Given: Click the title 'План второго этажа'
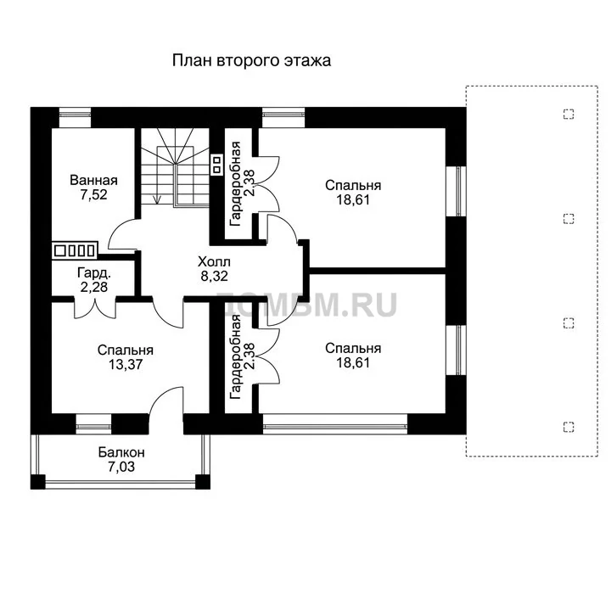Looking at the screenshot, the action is pos(252,61).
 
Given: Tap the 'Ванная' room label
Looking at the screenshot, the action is pos(93,181).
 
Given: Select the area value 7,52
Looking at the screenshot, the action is pos(93,194).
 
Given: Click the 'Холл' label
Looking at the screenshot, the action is pos(214,261).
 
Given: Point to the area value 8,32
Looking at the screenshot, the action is pos(214,276).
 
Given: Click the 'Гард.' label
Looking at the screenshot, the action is pos(94,272).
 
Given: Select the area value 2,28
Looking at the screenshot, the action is pos(94,287).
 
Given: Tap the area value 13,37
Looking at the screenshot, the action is pos(126,364).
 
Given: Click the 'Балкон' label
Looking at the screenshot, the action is pos(121,452).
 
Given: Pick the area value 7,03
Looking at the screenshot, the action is pos(121,467).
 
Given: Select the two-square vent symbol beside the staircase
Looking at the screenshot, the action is pos(216,165).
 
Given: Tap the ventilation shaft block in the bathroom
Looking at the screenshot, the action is pos(75,250).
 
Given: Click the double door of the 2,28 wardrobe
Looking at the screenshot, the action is pos(95,309).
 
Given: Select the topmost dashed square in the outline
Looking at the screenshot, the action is pos(569,115).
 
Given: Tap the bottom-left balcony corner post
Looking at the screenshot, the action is pos(38,482).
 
